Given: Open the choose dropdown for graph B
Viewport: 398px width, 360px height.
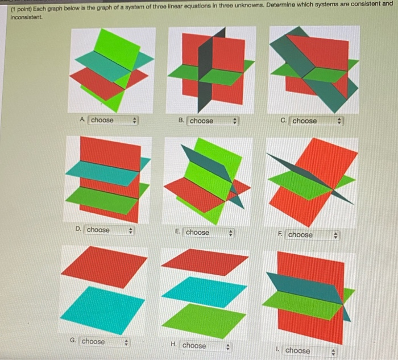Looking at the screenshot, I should pyautogui.click(x=212, y=121).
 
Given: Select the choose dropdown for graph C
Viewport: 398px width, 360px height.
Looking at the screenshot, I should pyautogui.click(x=316, y=121).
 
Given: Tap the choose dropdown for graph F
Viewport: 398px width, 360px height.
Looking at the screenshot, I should pyautogui.click(x=312, y=234).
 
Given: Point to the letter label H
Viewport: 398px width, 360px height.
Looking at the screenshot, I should pyautogui.click(x=173, y=345).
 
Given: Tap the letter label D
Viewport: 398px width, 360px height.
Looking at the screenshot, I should pyautogui.click(x=78, y=229).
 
